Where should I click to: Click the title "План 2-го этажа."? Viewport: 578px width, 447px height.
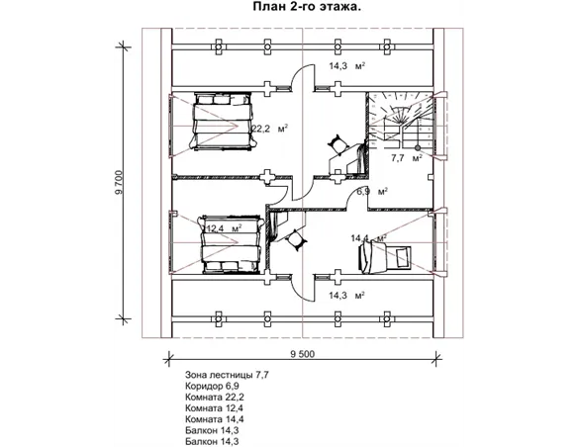pos(307,7)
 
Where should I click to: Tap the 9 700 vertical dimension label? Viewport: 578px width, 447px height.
pos(119,184)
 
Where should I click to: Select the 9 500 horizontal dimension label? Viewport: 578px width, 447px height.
pos(303,355)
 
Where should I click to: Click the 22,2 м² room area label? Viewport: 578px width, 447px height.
pos(270,129)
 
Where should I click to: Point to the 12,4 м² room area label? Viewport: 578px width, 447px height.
pos(224,228)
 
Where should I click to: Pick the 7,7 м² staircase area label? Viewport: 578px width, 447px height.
pos(407,158)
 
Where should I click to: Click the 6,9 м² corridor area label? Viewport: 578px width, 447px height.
pos(372,192)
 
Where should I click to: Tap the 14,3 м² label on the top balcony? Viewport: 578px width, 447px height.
pos(347,66)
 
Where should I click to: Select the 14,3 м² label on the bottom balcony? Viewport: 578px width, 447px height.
pos(347,296)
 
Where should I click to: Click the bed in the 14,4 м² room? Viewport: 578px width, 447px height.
pos(385,258)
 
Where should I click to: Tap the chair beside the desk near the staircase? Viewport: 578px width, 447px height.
pos(337,143)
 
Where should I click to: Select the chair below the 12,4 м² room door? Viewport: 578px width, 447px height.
pos(295,239)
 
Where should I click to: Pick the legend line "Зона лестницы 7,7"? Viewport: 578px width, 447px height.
pos(227,375)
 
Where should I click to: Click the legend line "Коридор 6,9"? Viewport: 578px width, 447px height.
pos(213,387)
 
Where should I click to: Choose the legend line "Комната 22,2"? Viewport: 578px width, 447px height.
pos(215,398)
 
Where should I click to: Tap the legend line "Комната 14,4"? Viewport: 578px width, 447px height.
pos(215,419)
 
